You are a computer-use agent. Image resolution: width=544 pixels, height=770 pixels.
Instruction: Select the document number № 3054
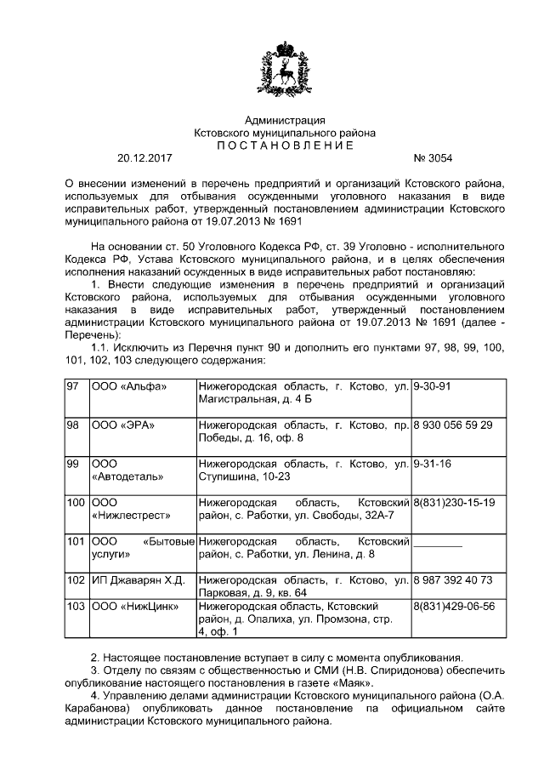tap(433, 158)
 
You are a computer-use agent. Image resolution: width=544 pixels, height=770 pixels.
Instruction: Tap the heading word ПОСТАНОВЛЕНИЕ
tap(285, 145)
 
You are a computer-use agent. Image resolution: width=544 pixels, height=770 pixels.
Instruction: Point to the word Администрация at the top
tap(285, 121)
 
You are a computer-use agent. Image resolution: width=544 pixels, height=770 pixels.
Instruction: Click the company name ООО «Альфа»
tap(128, 386)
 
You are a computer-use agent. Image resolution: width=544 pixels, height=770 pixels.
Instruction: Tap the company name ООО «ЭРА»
tap(123, 425)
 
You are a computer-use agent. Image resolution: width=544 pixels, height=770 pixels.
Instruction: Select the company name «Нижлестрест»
tap(130, 516)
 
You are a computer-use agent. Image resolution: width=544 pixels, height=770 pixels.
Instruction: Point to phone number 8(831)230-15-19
tap(453, 503)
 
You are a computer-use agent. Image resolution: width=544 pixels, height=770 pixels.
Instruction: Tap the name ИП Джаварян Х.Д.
tap(138, 580)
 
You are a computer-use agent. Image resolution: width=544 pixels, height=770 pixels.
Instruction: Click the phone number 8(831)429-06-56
tap(453, 606)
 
